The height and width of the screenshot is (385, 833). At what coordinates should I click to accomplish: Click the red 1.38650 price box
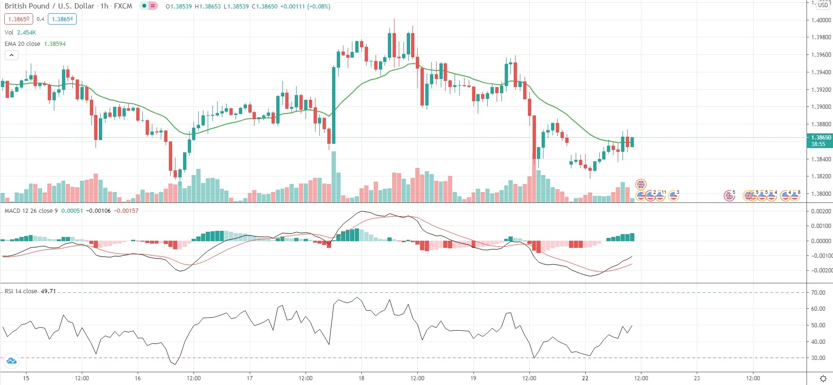pos(18,19)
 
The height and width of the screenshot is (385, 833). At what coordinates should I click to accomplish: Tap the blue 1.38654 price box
pos(62,19)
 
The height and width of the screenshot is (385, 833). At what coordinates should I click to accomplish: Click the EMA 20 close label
pos(22,44)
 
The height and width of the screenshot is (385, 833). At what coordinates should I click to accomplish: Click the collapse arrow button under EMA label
pos(11,55)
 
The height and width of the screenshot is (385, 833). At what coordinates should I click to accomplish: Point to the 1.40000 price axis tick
pos(821,20)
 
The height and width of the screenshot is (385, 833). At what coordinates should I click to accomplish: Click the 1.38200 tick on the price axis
pos(821,176)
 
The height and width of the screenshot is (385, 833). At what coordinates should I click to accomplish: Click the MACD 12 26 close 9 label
pos(31,211)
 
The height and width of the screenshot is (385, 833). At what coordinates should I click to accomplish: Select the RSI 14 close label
pos(21,291)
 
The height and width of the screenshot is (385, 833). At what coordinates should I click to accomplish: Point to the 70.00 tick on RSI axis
pos(818,293)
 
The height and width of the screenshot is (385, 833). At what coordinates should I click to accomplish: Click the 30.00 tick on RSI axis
pos(818,358)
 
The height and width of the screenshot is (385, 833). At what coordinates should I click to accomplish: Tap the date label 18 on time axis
pos(361,378)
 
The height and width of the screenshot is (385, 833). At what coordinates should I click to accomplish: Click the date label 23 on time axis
pos(697,378)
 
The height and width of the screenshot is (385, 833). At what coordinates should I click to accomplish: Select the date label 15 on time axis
pos(26,378)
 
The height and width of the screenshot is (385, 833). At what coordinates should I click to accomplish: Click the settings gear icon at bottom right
pos(823,378)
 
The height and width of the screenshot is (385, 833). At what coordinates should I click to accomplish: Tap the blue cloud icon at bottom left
pos(11,361)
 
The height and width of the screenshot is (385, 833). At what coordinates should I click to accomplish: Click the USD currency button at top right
pos(823,5)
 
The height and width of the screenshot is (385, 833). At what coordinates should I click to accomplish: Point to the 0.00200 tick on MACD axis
pos(821,211)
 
